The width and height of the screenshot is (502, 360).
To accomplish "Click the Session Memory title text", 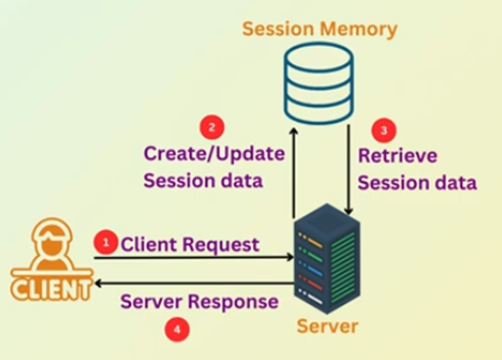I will [319, 30].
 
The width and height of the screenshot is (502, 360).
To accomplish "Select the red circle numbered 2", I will [211, 127].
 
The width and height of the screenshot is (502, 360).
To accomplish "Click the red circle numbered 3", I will [384, 130].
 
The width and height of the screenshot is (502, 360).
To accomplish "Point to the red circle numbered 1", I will [105, 242].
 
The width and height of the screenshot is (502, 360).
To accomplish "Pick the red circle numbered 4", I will [177, 329].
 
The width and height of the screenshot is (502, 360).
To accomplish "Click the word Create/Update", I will [214, 153].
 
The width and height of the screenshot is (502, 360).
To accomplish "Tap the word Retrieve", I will [397, 156].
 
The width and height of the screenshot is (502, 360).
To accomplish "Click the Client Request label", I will [190, 245].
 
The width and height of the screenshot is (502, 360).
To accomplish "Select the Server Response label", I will [199, 301].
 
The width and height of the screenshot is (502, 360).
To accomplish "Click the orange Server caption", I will [327, 326].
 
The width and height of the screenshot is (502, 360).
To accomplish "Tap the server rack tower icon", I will [326, 259].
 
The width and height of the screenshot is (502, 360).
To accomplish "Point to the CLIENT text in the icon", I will [50, 289].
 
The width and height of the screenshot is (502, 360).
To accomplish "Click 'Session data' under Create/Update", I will [203, 181].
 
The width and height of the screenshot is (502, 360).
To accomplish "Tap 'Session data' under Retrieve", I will [417, 183].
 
